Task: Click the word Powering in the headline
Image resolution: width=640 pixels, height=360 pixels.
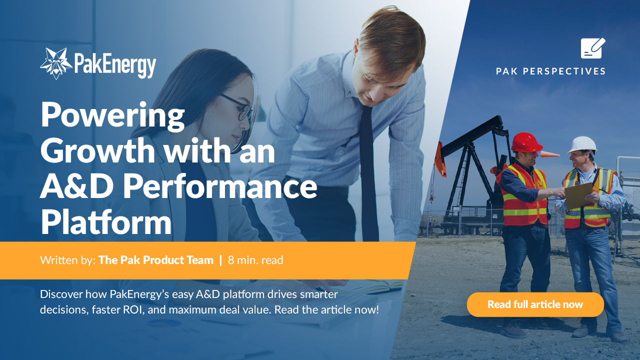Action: coord(113,114)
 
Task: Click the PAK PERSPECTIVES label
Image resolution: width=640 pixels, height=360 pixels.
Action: coord(551,71)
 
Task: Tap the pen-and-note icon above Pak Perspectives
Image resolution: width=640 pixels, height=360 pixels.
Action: coord(593,48)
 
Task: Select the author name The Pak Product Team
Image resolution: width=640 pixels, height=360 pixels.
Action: coord(156,260)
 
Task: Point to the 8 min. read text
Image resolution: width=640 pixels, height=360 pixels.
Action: coord(255,260)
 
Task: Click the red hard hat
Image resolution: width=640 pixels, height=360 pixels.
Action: coord(526,142)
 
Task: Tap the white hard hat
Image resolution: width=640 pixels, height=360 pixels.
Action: coord(582,144)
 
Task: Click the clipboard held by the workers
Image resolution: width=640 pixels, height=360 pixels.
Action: coord(578,195)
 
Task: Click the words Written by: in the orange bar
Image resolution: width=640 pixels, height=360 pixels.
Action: coord(67,260)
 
